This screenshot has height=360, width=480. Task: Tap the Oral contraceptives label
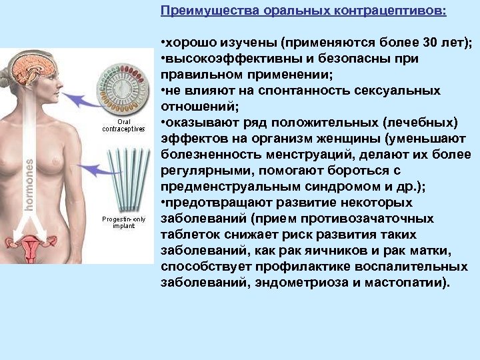(x=123, y=125)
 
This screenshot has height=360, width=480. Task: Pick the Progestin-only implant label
(x=123, y=222)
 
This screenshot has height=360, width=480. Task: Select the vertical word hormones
(x=30, y=184)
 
